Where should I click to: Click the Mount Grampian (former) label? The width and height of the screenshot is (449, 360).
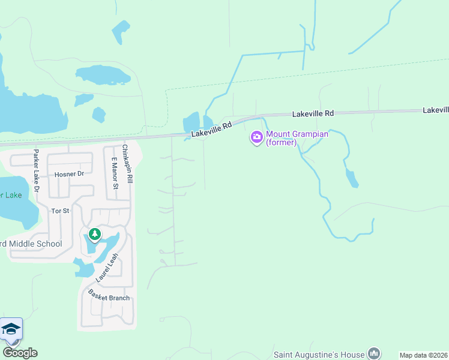(x=297, y=138)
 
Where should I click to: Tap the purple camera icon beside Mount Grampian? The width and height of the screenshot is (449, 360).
(x=257, y=138)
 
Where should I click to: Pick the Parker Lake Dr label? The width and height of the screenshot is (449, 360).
(x=36, y=171)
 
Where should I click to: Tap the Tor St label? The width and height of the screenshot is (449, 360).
(x=60, y=211)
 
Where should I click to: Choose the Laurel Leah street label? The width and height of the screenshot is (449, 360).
(x=107, y=268)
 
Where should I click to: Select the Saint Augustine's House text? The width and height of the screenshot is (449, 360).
(x=319, y=355)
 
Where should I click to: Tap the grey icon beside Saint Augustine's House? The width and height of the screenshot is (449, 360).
(x=374, y=353)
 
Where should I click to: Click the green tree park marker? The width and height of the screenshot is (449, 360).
(x=94, y=233)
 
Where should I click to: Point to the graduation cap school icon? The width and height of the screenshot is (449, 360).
(x=11, y=329)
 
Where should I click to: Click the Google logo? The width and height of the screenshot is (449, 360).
(x=20, y=353)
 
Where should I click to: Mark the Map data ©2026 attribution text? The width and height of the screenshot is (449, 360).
(x=423, y=355)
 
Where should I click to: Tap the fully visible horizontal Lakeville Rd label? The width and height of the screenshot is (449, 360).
(x=313, y=113)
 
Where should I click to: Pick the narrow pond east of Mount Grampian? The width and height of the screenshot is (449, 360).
(x=352, y=178)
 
